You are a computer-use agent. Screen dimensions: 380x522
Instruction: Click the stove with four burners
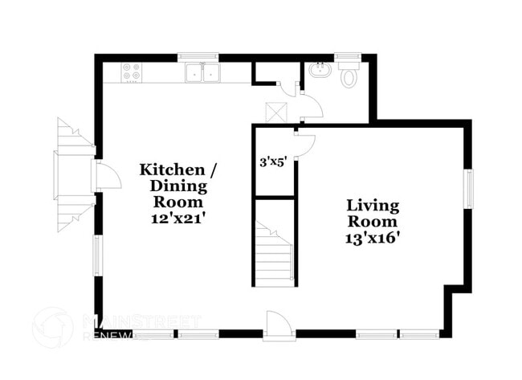pos(131,73)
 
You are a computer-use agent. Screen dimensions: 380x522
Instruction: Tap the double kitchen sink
pos(203,73)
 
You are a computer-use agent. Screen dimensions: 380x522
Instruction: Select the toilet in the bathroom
pos(349,76)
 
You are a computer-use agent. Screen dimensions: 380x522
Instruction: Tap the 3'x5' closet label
pos(272,161)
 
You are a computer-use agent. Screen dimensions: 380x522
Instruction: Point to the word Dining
pos(178,186)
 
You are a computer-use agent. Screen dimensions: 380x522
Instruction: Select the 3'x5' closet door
pos(305,145)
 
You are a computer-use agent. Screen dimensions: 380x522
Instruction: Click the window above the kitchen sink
pos(198,57)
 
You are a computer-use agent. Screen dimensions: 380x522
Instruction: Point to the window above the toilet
pos(347,57)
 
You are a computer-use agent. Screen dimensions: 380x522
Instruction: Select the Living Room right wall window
pos(469,188)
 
